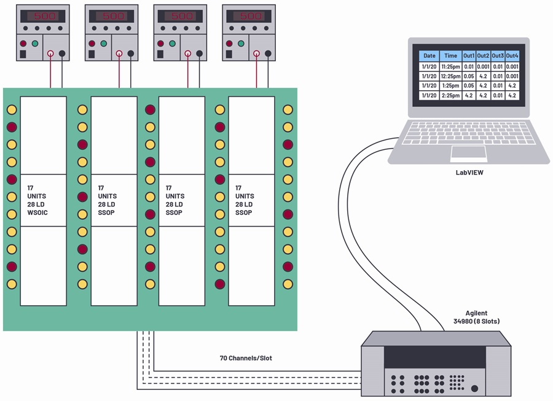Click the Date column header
tap(429, 56)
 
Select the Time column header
tap(451, 56)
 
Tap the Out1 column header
tap(469, 56)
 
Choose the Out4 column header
tap(512, 56)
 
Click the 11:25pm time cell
tap(451, 66)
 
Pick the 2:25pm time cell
tap(451, 96)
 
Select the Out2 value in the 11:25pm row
tap(483, 66)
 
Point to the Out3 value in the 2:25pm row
tap(498, 96)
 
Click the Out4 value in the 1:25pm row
tap(512, 85)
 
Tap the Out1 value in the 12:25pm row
tap(469, 76)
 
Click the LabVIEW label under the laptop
tap(469, 173)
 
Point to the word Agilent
tap(476, 313)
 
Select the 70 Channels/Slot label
tap(246, 359)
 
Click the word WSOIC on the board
tap(37, 213)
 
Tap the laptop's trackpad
tap(469, 153)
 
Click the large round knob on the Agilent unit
tap(475, 388)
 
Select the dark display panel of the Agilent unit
tap(434, 357)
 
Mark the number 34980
tap(463, 321)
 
